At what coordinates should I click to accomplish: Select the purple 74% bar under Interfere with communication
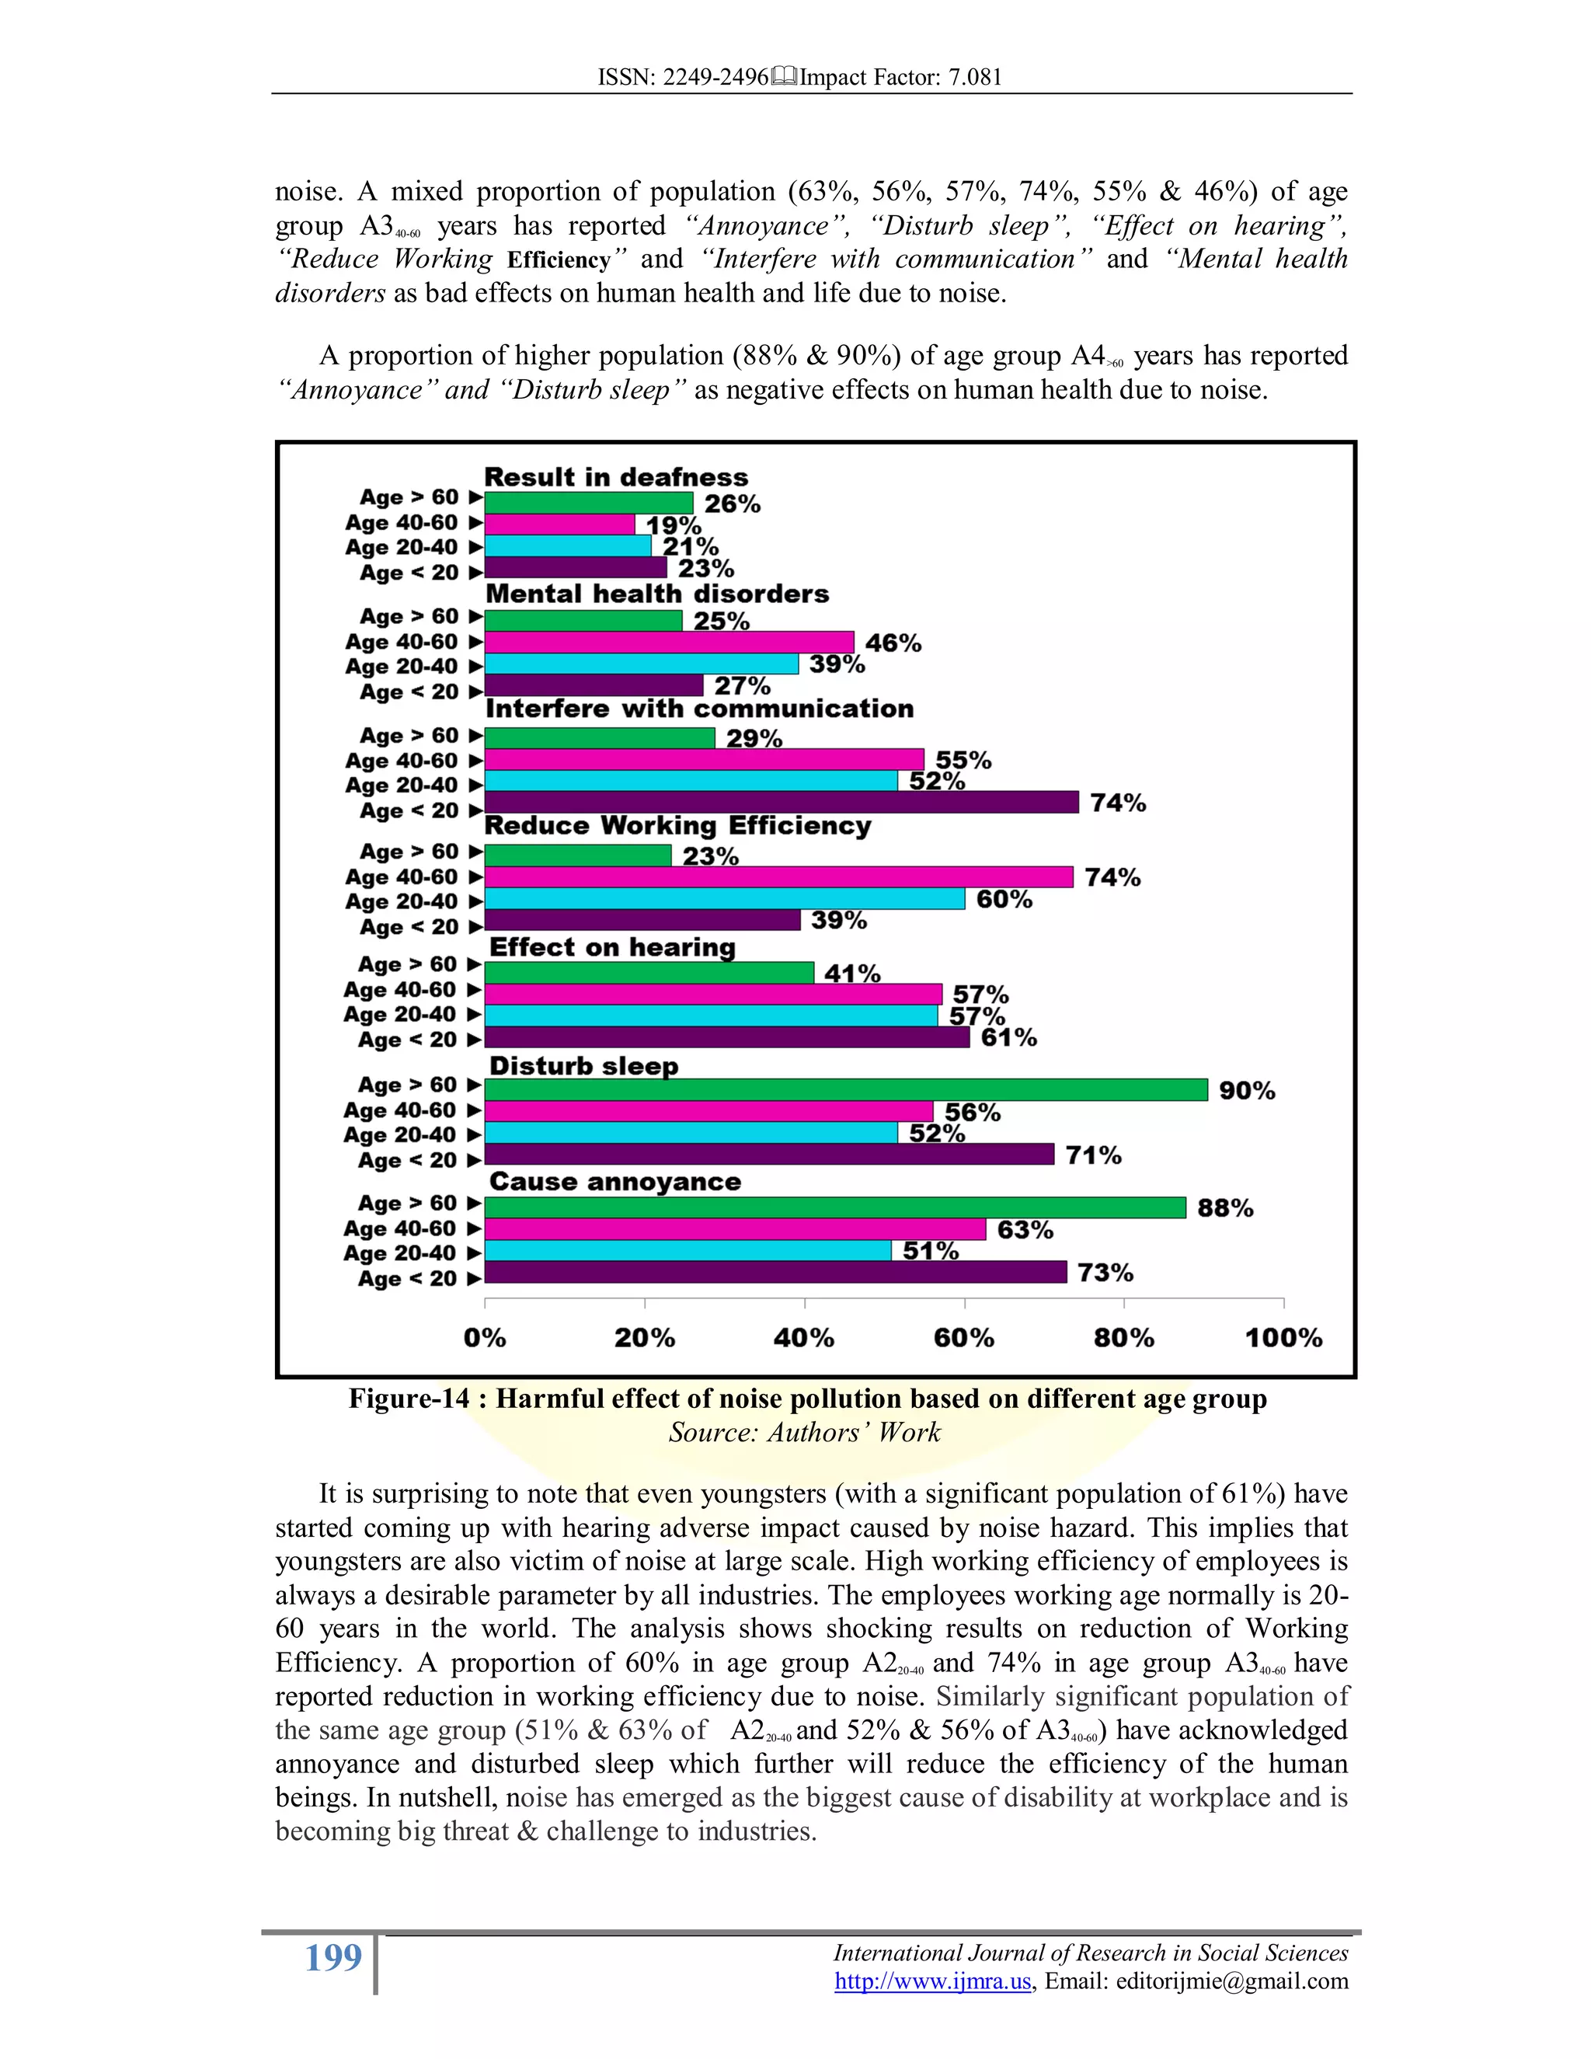click(x=782, y=803)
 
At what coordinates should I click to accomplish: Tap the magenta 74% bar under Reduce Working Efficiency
click(x=778, y=876)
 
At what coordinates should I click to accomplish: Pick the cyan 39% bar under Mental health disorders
click(x=641, y=664)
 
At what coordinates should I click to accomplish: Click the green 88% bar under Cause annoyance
click(x=835, y=1207)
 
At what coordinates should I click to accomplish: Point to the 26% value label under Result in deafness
click(x=733, y=504)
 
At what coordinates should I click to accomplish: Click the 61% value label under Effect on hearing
click(x=1008, y=1038)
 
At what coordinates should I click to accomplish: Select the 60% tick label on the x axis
click(x=964, y=1338)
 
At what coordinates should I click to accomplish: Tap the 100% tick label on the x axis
click(x=1283, y=1338)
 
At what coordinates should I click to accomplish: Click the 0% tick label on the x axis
click(x=485, y=1338)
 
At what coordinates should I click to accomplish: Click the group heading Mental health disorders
click(x=657, y=594)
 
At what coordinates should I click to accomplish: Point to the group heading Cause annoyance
click(x=614, y=1183)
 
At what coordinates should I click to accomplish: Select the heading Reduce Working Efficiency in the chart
click(x=677, y=826)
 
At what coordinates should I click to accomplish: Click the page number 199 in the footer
click(x=332, y=1958)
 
